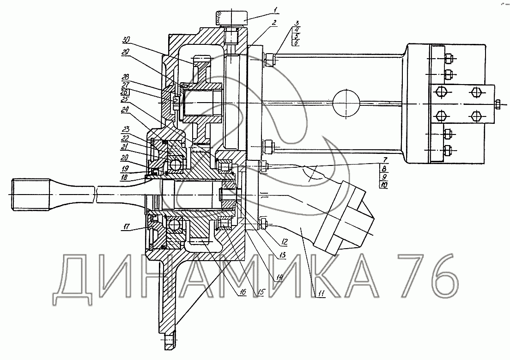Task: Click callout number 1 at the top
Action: click(275, 10)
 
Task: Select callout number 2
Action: click(274, 23)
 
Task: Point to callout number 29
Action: click(126, 52)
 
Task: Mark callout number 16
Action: click(243, 292)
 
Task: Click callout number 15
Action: click(261, 292)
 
